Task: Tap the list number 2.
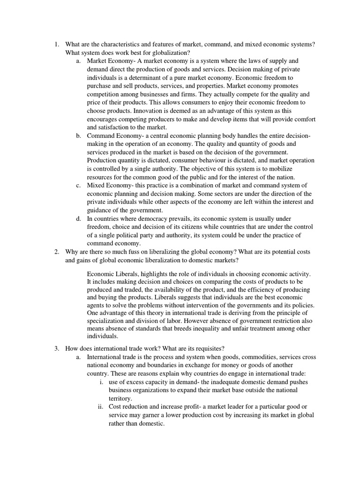[x=56, y=252]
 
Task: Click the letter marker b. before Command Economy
[x=78, y=135]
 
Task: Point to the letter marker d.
[x=78, y=218]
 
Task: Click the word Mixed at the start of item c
[x=97, y=185]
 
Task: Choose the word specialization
[x=110, y=321]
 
